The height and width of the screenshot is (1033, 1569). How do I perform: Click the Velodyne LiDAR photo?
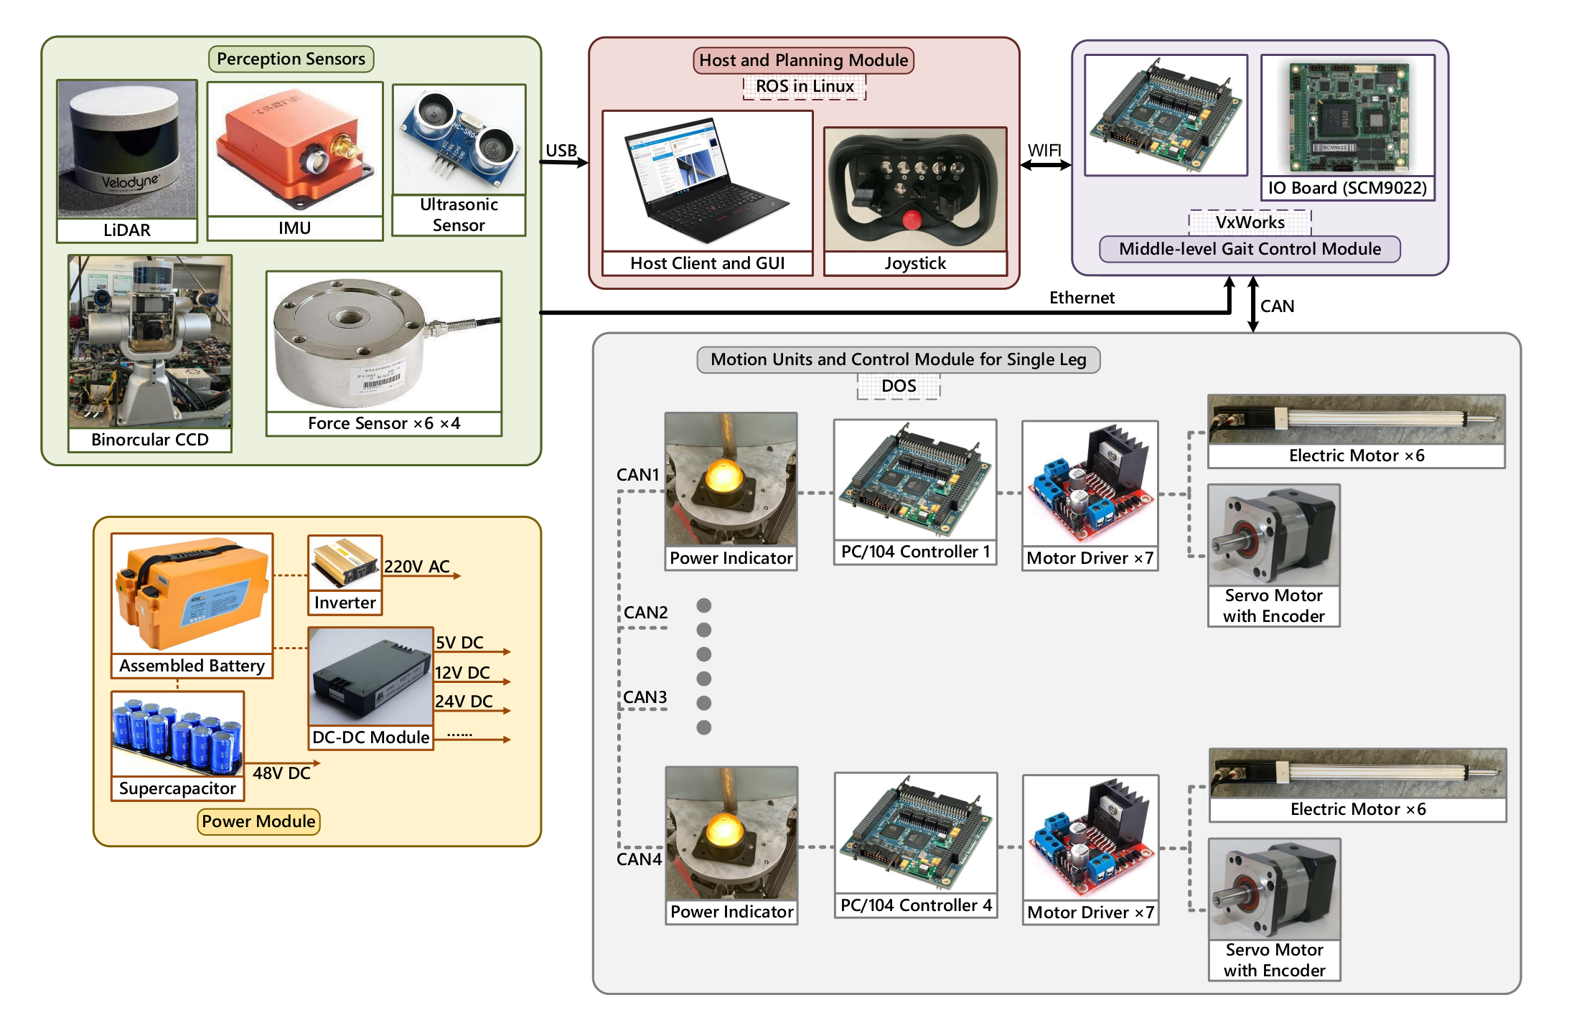127,148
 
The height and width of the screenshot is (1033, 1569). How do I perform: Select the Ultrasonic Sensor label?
459,214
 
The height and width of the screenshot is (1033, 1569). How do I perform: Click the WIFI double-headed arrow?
1045,165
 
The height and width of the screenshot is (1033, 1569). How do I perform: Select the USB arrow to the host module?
563,162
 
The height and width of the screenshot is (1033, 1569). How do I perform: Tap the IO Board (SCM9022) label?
1347,188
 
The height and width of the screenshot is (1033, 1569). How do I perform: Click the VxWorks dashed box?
1250,222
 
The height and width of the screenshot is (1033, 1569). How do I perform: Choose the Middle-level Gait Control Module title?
1250,249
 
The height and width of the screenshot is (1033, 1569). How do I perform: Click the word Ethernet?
1082,298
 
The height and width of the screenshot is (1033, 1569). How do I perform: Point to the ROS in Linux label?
805,87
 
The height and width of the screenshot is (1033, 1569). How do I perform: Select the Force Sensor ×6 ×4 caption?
384,423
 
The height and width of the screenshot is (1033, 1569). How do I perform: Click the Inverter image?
345,563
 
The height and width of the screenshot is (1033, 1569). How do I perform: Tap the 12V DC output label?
462,673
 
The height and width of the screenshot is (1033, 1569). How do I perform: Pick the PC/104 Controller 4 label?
916,905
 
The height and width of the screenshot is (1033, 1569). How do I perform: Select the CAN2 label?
645,613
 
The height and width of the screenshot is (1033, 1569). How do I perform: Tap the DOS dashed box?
899,386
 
